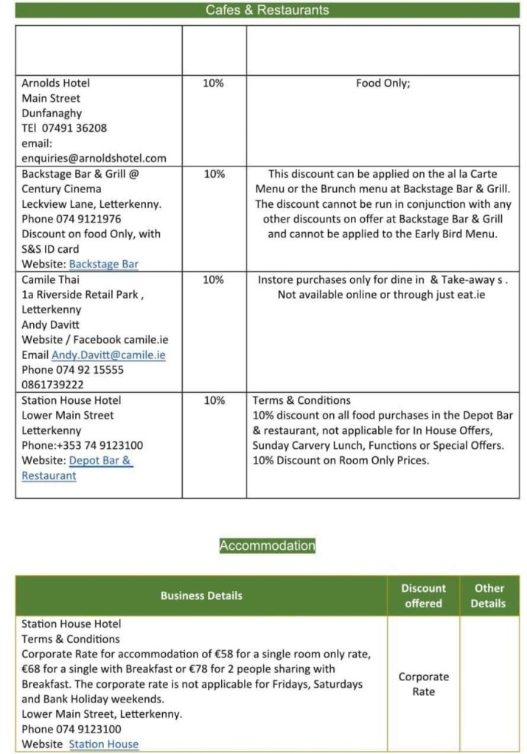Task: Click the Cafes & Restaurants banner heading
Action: (267, 10)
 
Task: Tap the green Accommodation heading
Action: (267, 545)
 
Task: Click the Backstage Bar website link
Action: (104, 264)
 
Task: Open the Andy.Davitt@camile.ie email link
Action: (108, 355)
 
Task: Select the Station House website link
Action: (104, 744)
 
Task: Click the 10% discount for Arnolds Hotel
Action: (213, 83)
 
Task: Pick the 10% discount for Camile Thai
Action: (213, 280)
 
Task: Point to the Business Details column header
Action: (201, 596)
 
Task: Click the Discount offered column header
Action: (423, 596)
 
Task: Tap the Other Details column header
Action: (489, 596)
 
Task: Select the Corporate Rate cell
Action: (423, 684)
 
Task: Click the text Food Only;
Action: (383, 83)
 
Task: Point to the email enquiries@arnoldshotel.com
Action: (94, 158)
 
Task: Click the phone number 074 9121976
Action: (88, 219)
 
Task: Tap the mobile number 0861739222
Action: (52, 385)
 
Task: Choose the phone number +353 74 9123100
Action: (99, 445)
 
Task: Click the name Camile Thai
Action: (51, 280)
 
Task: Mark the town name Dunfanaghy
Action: (52, 114)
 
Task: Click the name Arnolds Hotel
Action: (55, 83)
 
